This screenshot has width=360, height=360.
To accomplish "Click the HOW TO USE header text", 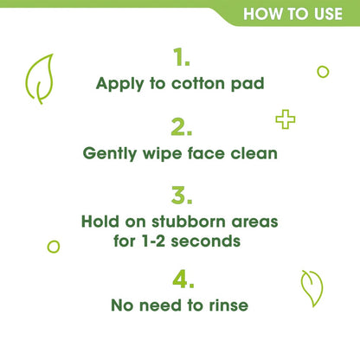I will pyautogui.click(x=298, y=14).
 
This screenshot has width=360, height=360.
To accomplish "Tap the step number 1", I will pyautogui.click(x=181, y=58).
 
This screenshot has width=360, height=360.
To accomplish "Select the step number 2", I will pyautogui.click(x=181, y=127).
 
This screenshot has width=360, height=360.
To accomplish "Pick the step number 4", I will pyautogui.click(x=181, y=279).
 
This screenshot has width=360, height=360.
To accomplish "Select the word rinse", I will pyautogui.click(x=227, y=305).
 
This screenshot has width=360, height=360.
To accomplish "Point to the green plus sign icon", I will pyautogui.click(x=285, y=119).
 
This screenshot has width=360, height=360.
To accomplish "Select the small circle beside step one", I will pyautogui.click(x=323, y=71).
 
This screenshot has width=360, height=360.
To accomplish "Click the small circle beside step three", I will pyautogui.click(x=53, y=247).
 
